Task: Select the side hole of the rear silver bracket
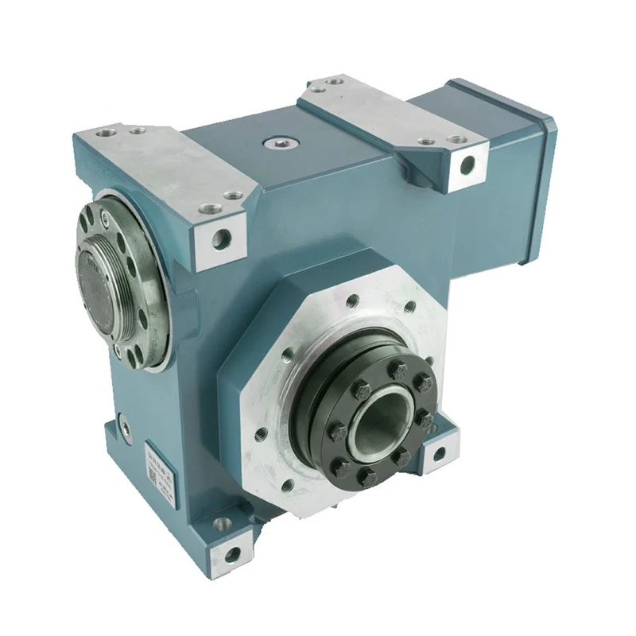point(467,165)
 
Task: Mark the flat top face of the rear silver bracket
point(374,111)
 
